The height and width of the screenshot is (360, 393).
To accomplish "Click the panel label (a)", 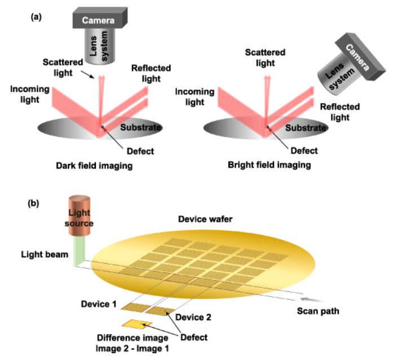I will coord(35,17).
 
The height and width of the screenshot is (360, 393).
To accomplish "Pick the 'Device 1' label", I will coord(100,304).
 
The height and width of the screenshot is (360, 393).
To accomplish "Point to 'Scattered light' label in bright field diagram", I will coord(264,57).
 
